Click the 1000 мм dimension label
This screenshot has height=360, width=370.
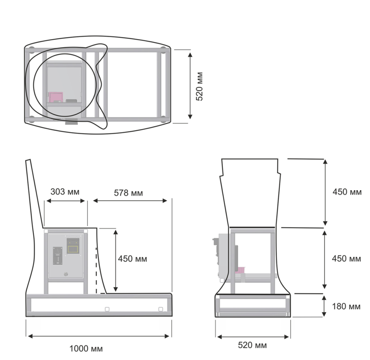[x=86, y=349]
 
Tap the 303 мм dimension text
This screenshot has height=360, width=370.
[x=65, y=192]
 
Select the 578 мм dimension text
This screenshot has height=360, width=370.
[x=128, y=193]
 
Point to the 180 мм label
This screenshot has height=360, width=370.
[x=346, y=306]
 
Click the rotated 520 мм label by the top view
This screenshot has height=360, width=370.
[x=199, y=86]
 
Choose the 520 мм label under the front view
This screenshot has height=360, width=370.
[x=252, y=345]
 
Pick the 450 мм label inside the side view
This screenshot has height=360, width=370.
[x=133, y=259]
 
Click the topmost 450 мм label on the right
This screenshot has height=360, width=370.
[x=347, y=192]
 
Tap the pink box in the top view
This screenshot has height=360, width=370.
[x=56, y=97]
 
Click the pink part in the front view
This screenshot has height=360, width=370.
[x=240, y=270]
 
